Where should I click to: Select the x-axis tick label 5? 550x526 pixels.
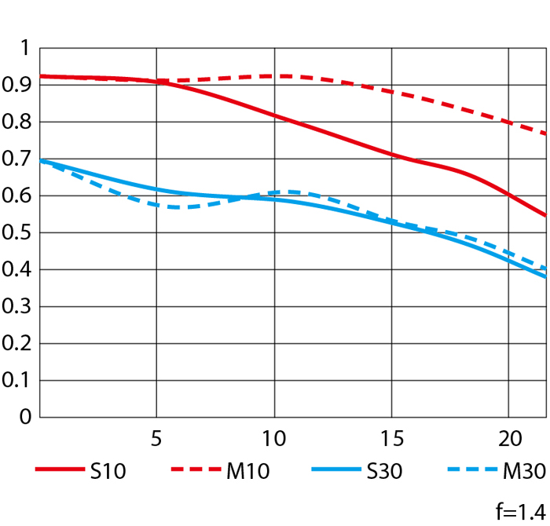point(157,437)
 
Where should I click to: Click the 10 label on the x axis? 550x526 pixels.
point(274,437)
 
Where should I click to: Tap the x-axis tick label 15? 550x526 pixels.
point(391,437)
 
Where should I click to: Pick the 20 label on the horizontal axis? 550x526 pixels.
point(508,437)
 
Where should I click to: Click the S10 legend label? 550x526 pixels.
point(108,471)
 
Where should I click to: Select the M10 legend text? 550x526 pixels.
point(248,471)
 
